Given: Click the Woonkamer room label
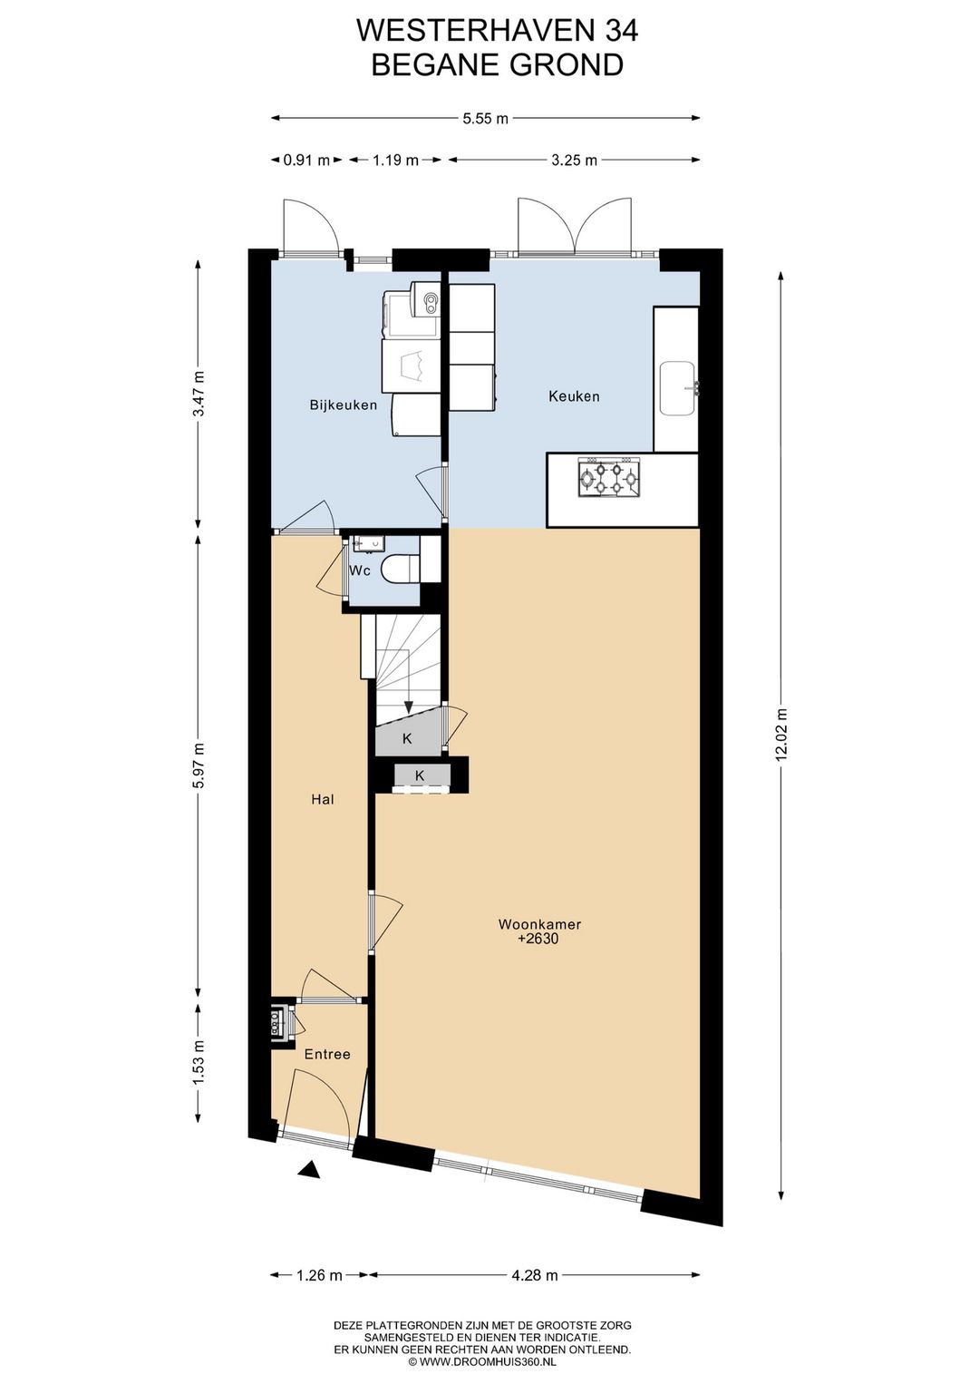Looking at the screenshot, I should pyautogui.click(x=539, y=924).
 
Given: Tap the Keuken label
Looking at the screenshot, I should pyautogui.click(x=574, y=396).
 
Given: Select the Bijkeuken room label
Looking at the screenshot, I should pyautogui.click(x=343, y=404).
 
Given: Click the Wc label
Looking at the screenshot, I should pyautogui.click(x=360, y=570).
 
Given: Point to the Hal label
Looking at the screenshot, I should pyautogui.click(x=323, y=799).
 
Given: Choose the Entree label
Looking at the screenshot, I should pyautogui.click(x=327, y=1054).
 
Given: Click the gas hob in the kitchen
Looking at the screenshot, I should pyautogui.click(x=609, y=477).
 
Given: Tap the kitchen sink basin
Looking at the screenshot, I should pyautogui.click(x=677, y=388).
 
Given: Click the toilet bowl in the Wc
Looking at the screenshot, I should pyautogui.click(x=399, y=570).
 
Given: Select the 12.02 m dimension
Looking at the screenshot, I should pyautogui.click(x=781, y=736).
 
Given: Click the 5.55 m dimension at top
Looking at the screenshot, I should pyautogui.click(x=486, y=118).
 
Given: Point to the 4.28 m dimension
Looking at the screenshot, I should pyautogui.click(x=535, y=1275).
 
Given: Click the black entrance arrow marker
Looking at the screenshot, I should pyautogui.click(x=310, y=1171).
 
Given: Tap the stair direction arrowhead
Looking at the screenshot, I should pyautogui.click(x=409, y=707).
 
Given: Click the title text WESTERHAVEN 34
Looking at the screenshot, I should pyautogui.click(x=497, y=31).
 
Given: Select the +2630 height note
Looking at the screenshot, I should pyautogui.click(x=538, y=940).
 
